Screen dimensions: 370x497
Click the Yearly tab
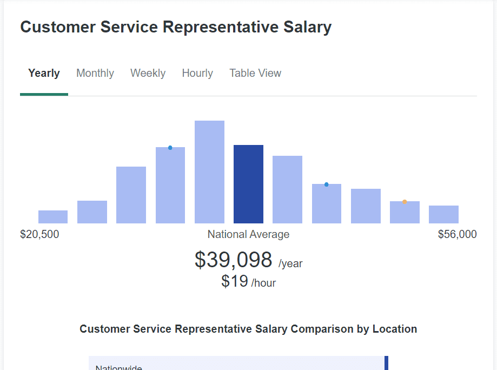(x=44, y=73)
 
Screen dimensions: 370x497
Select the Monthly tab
(x=95, y=73)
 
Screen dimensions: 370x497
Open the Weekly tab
(x=148, y=73)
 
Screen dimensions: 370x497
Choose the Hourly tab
(x=197, y=73)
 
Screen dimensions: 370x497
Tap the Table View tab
(x=255, y=73)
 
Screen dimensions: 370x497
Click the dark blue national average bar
(x=248, y=184)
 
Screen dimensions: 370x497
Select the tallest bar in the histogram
(x=209, y=172)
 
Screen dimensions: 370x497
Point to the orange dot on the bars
(x=405, y=202)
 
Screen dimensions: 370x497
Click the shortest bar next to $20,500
(x=53, y=217)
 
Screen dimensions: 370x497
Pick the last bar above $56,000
(x=443, y=214)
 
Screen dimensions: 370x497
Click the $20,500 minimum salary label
(x=39, y=234)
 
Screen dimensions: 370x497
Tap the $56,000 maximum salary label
(x=458, y=234)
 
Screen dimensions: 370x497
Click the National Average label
(x=248, y=234)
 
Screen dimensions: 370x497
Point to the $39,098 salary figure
(x=234, y=260)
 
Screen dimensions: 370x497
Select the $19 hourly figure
(x=235, y=281)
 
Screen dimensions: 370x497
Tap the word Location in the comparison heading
(x=395, y=329)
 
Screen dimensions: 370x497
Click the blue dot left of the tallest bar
(x=170, y=148)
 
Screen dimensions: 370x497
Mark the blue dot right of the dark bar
(x=327, y=184)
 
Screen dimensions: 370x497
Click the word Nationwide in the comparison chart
(x=118, y=367)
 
